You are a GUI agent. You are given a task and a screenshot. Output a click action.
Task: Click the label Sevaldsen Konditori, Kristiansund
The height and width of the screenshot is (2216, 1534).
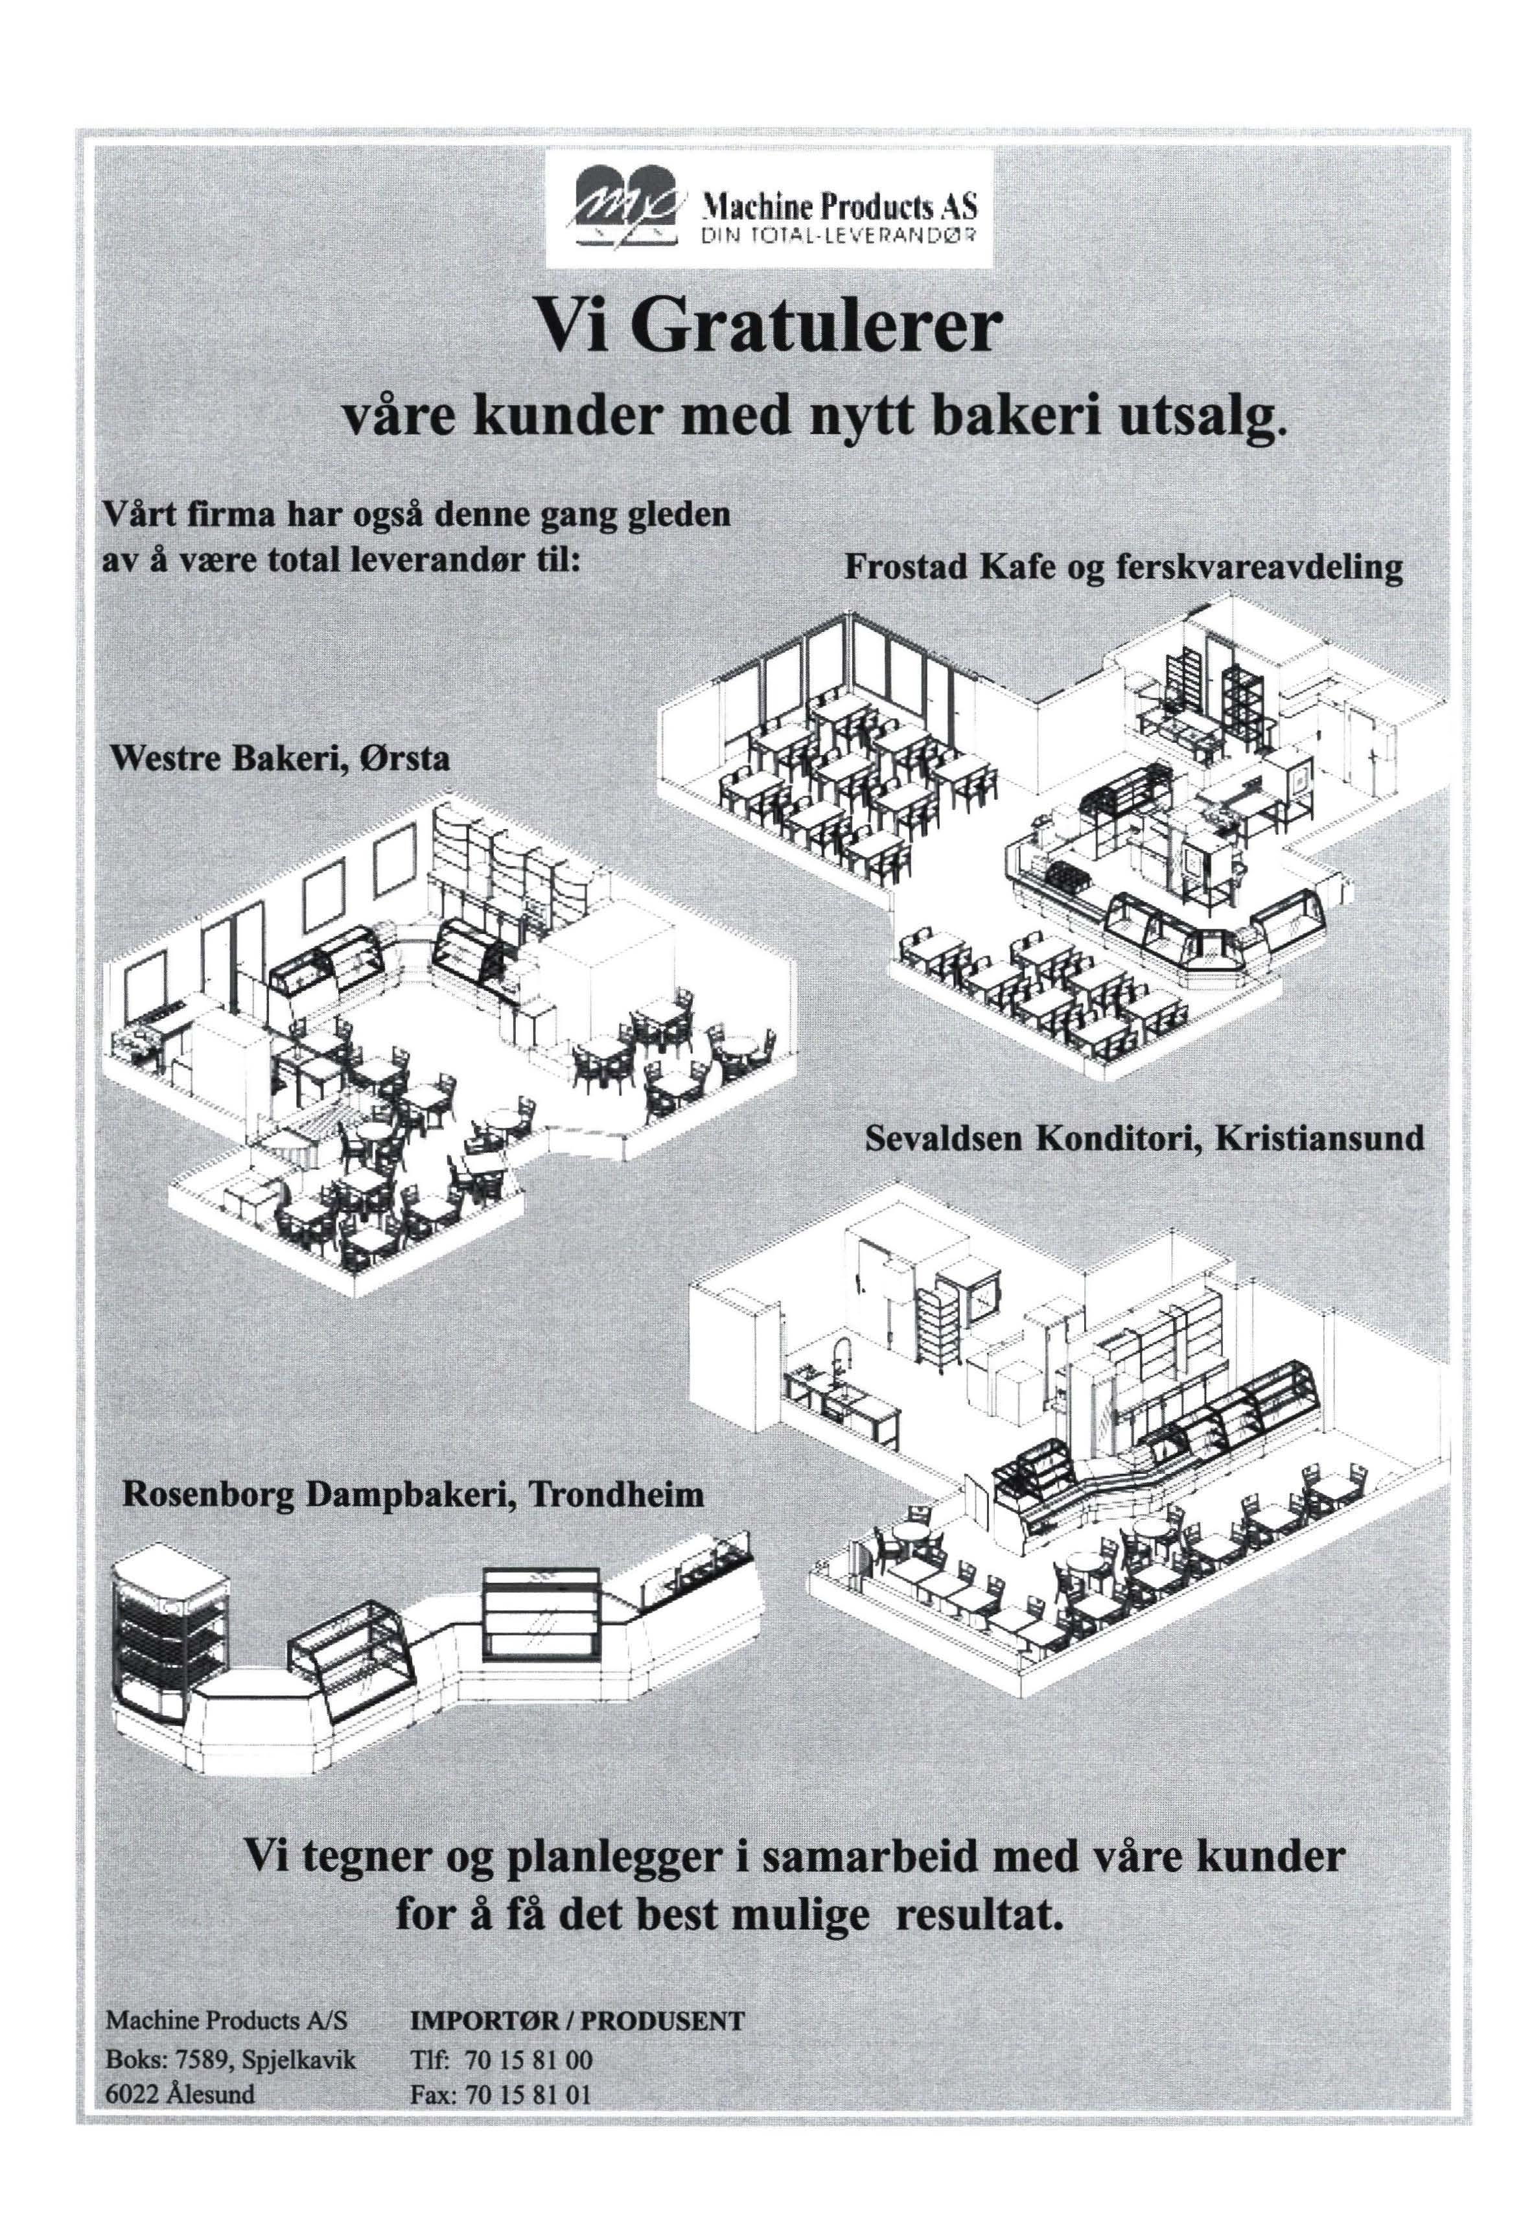[1144, 1139]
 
